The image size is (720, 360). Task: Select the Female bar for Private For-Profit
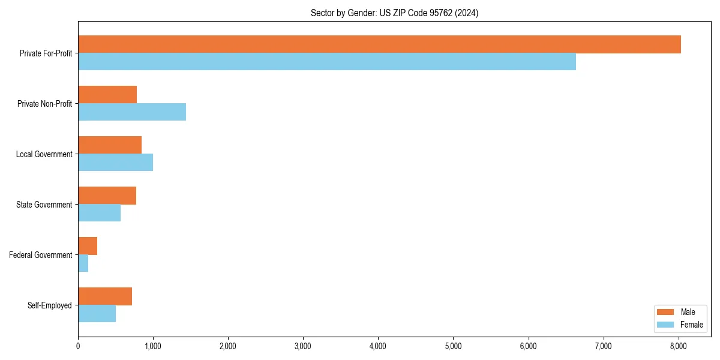tap(327, 62)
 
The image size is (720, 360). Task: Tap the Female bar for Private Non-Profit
tap(132, 112)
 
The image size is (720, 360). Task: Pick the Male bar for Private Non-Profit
tap(107, 95)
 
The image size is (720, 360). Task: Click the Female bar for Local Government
tap(115, 163)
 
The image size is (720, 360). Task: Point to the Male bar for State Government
tap(107, 196)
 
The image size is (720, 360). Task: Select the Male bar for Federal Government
tap(88, 246)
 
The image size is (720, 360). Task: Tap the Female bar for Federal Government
tap(83, 263)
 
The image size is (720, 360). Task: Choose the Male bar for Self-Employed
tap(105, 296)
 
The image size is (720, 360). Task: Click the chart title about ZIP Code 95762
tap(394, 13)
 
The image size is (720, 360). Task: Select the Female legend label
tap(692, 325)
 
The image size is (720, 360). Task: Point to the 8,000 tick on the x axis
tap(678, 346)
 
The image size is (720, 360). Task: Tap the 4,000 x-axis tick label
tap(378, 346)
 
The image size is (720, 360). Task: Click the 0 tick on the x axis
tap(78, 346)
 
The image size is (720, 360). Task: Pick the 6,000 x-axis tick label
tap(528, 346)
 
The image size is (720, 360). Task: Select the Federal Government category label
tap(41, 255)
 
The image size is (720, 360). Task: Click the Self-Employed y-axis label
tap(50, 305)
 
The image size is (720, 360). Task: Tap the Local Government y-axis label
tap(44, 154)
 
